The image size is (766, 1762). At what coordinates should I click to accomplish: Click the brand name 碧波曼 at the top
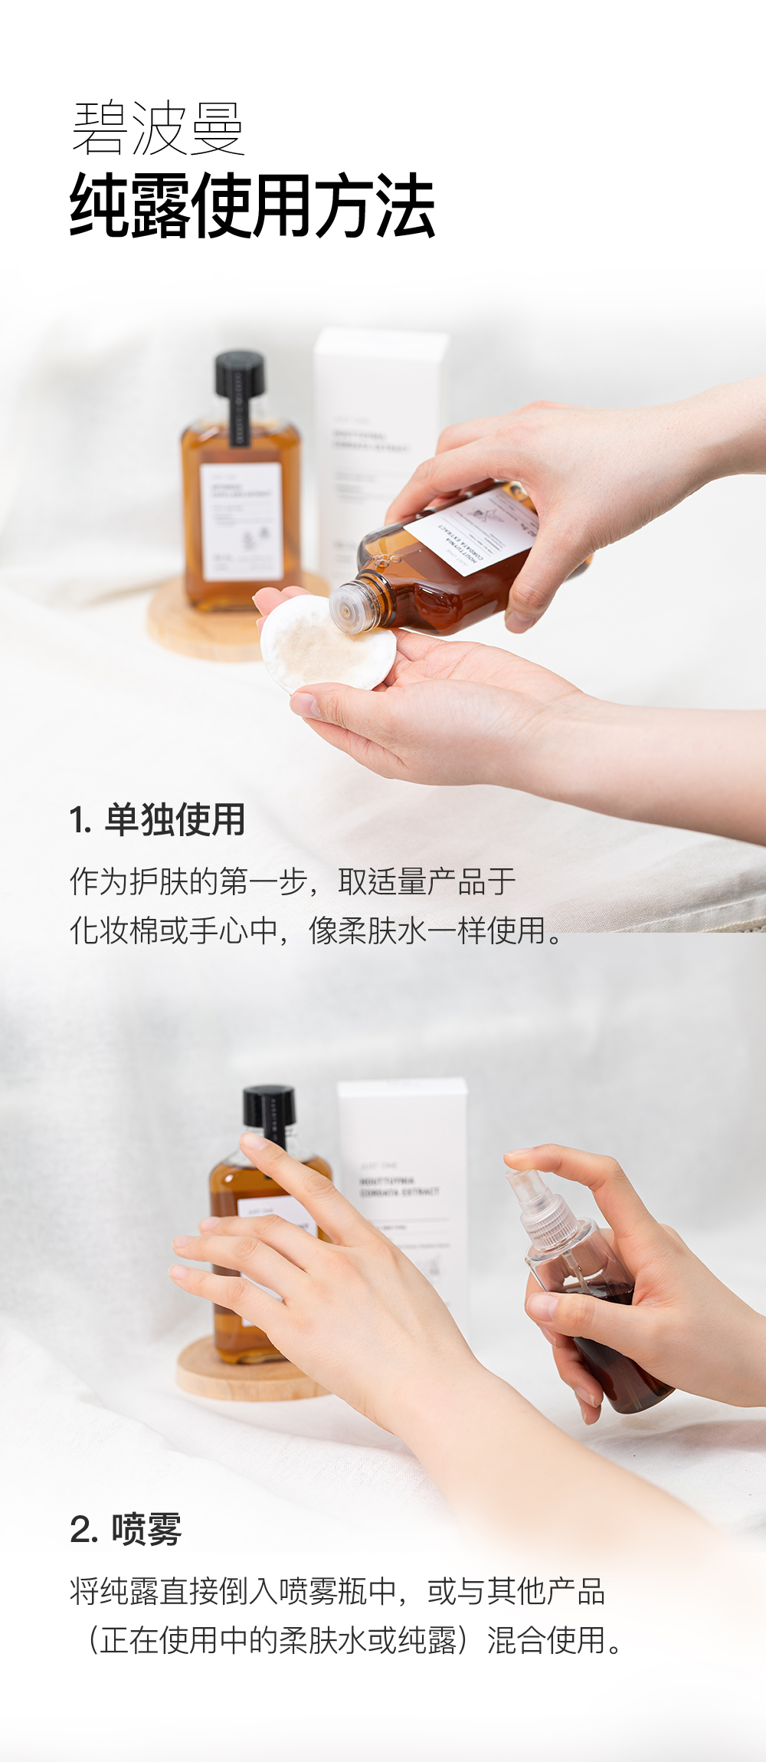(157, 128)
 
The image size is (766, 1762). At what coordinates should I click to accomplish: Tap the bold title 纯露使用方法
(253, 205)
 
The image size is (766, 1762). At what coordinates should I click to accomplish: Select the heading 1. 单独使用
(157, 819)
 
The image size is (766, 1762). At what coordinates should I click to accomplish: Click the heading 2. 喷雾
(126, 1530)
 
